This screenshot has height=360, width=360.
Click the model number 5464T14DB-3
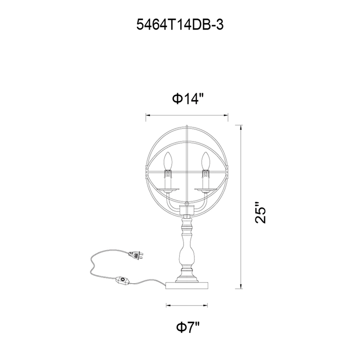(x=180, y=25)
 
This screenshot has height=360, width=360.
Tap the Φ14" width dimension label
(x=188, y=99)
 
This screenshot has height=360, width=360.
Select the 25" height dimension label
(x=261, y=212)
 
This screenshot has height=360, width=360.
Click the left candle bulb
(x=167, y=161)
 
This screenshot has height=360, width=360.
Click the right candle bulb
(x=206, y=161)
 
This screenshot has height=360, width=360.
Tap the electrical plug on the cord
(x=136, y=255)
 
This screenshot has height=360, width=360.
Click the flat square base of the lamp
(x=187, y=285)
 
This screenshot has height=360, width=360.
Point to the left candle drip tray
(x=168, y=189)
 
